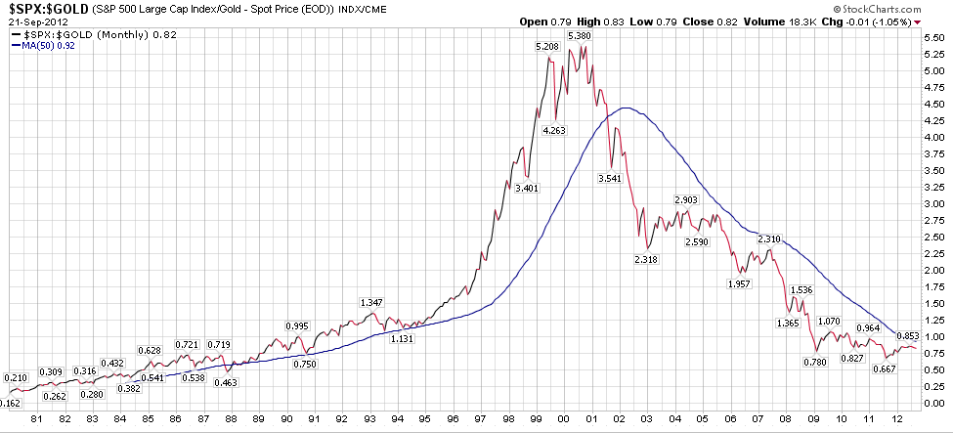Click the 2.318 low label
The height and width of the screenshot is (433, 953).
(x=647, y=259)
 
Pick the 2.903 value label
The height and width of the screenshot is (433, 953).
(x=687, y=200)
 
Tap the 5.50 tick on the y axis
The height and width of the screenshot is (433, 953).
(x=932, y=36)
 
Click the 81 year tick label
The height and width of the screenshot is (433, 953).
(x=36, y=419)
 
